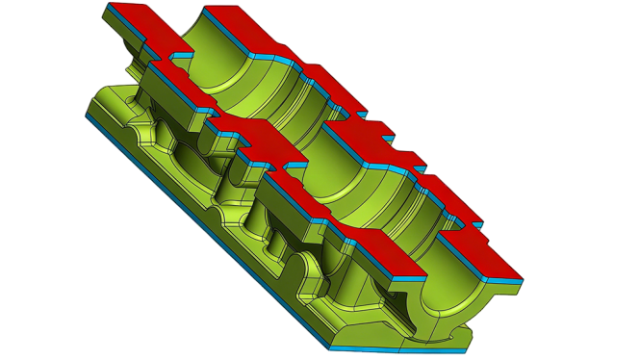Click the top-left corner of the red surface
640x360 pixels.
109,5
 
